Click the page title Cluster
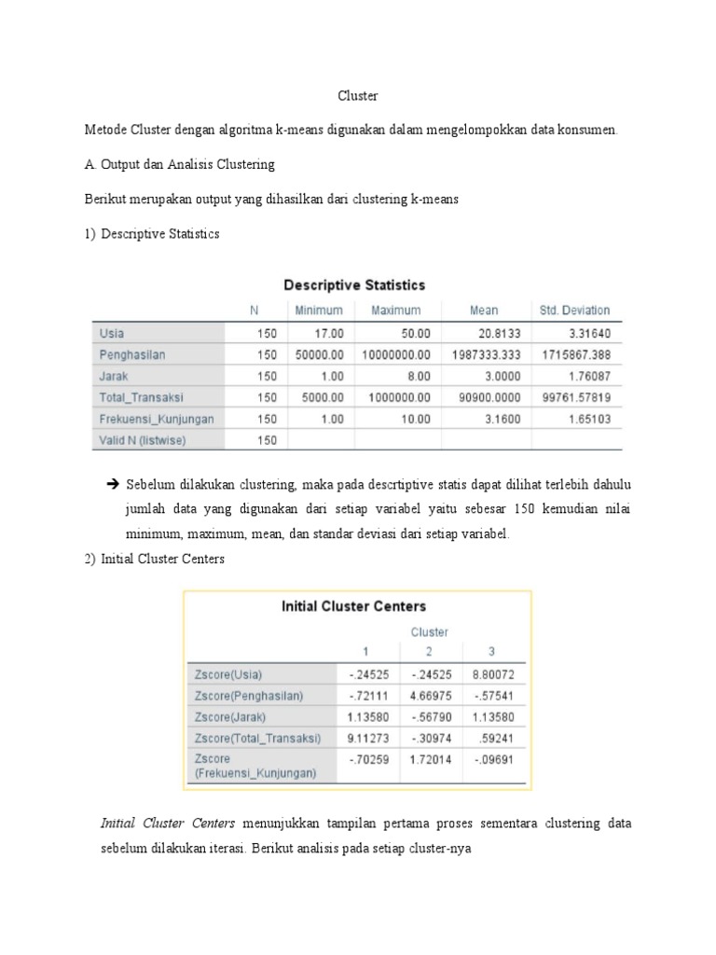[357, 96]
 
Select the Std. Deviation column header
[574, 311]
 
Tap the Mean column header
[484, 311]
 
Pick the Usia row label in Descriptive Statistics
[111, 333]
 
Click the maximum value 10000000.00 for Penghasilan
[396, 354]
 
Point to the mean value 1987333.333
[486, 354]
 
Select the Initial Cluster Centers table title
[353, 606]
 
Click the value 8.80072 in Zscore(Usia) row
[496, 674]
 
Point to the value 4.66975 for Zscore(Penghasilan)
[430, 696]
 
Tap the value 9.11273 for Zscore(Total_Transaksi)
[366, 739]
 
